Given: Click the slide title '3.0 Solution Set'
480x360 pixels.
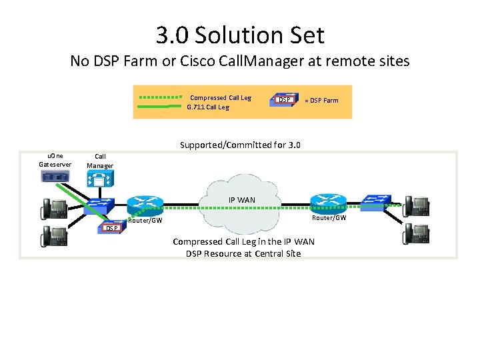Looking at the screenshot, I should (x=240, y=35).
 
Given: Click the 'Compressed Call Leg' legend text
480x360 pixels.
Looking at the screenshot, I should (x=221, y=97).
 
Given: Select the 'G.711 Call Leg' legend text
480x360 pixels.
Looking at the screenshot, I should (x=207, y=107).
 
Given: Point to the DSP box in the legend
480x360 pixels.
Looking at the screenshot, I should (x=285, y=100).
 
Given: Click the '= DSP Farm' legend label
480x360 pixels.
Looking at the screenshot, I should (x=321, y=101).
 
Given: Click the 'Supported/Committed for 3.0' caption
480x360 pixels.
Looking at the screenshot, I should (x=241, y=145).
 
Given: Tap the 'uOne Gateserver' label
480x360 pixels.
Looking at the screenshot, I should (x=55, y=160).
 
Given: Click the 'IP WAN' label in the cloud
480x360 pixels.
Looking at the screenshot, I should (x=241, y=200).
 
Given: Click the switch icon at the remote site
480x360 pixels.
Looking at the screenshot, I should (x=378, y=201).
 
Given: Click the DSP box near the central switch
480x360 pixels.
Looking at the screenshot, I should (x=112, y=229).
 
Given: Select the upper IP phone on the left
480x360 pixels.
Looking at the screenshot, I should (x=53, y=209).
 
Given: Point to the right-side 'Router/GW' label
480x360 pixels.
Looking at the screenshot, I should (x=329, y=218).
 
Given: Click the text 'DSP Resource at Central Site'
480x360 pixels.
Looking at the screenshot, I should (x=243, y=253).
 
